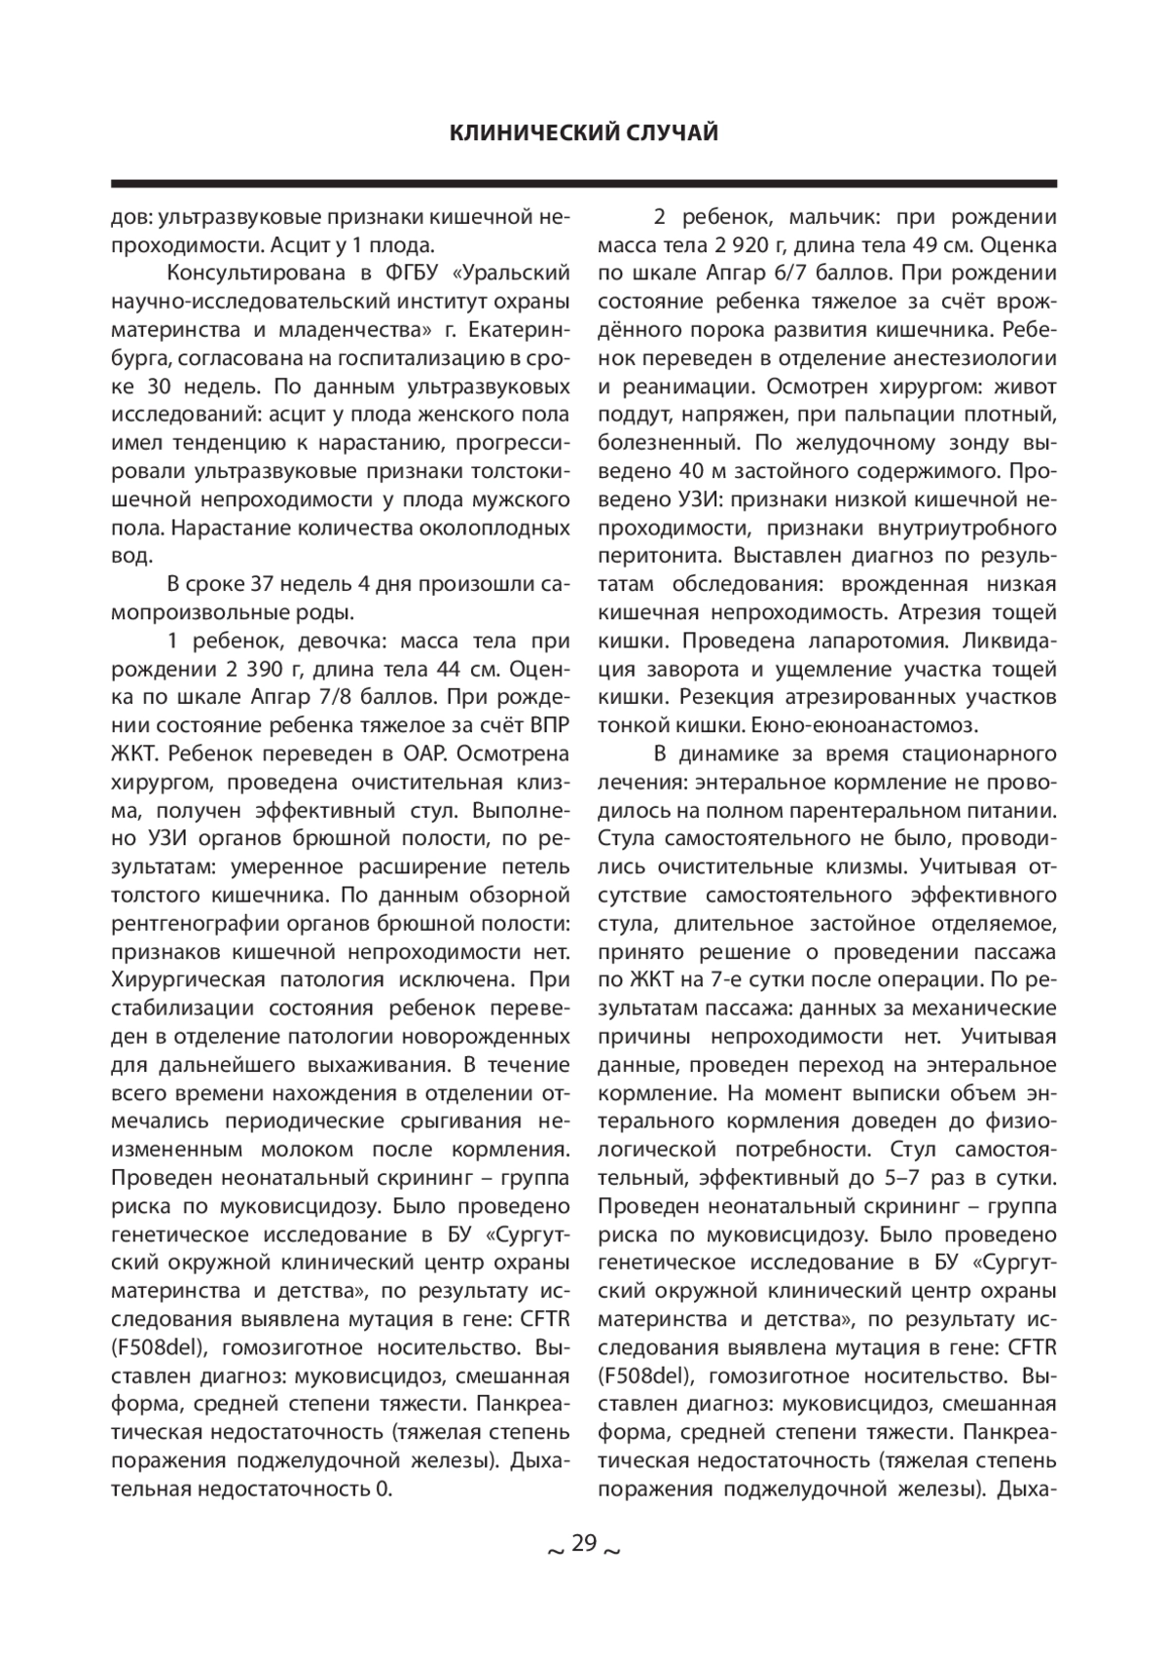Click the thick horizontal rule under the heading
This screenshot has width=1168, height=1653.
584,183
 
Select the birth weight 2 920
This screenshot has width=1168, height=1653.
716,245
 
